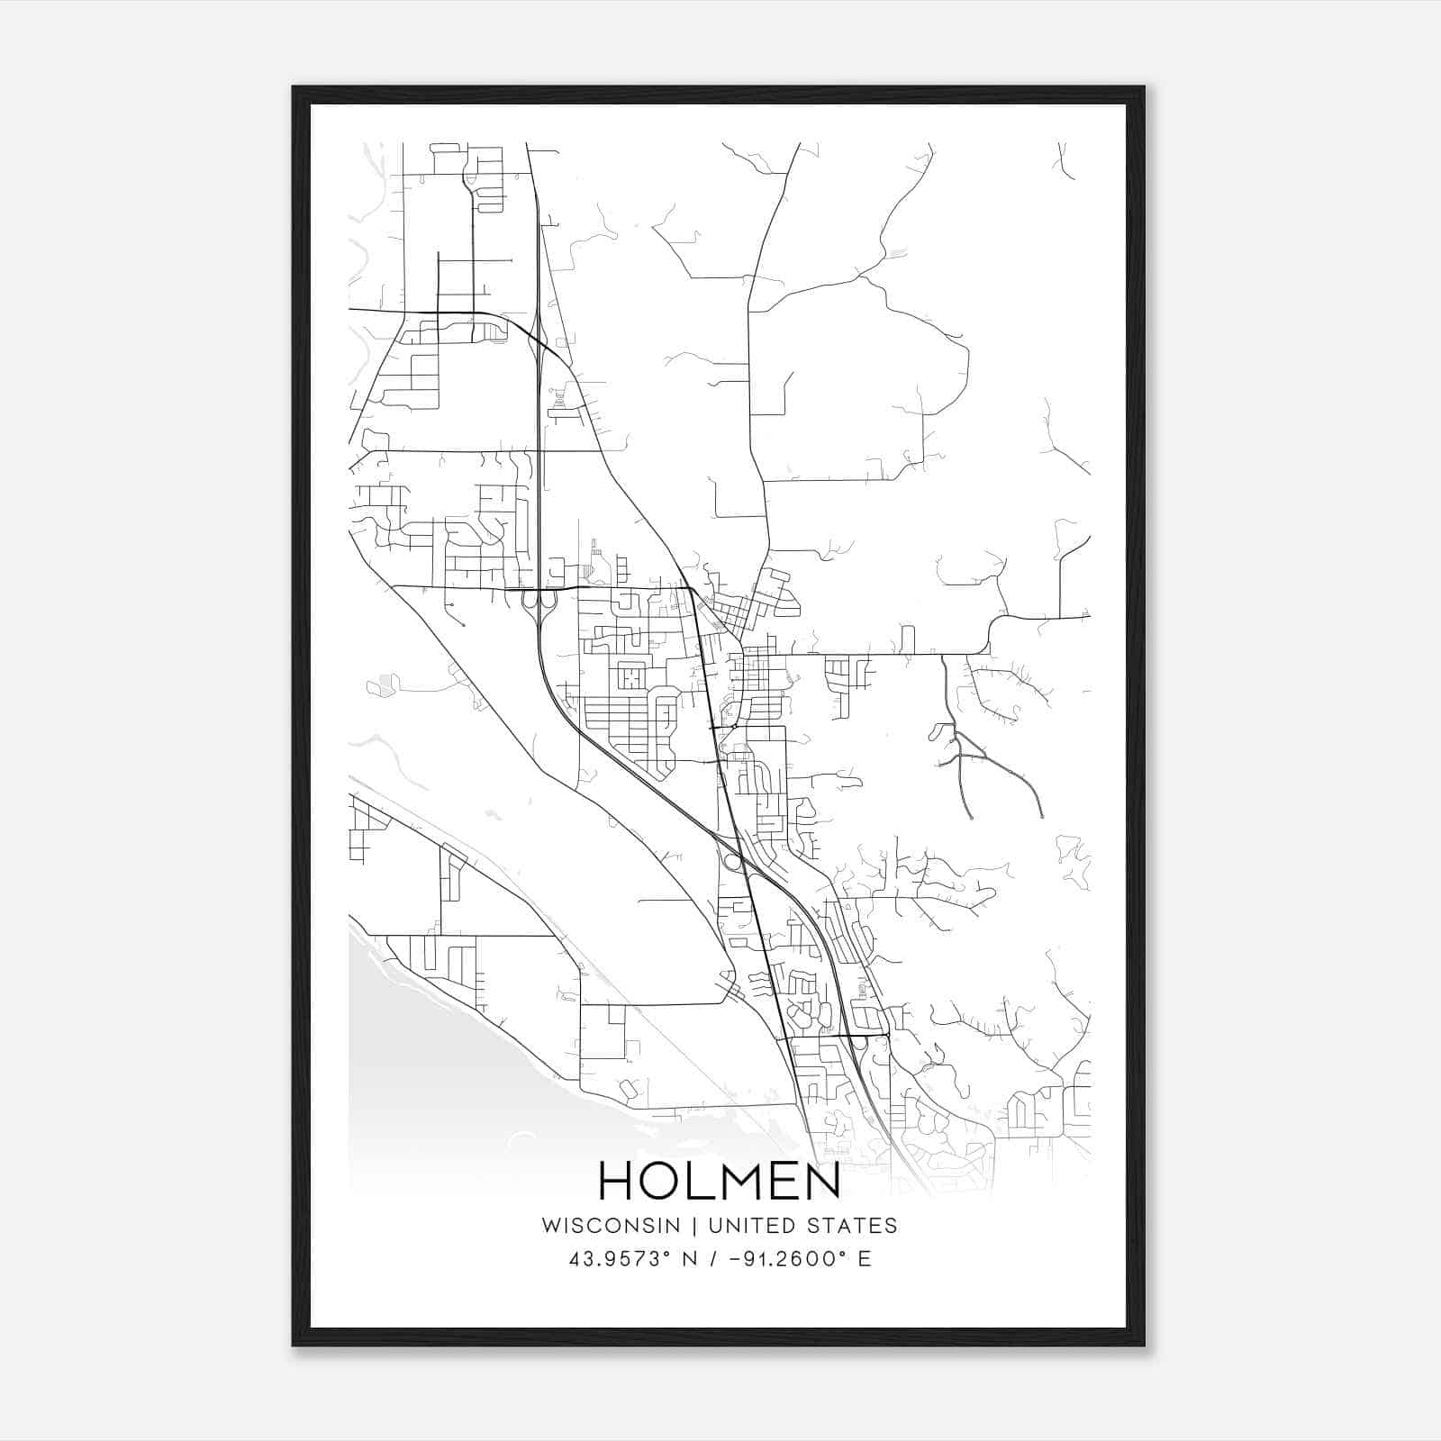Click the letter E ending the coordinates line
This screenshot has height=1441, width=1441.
coord(865,1259)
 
